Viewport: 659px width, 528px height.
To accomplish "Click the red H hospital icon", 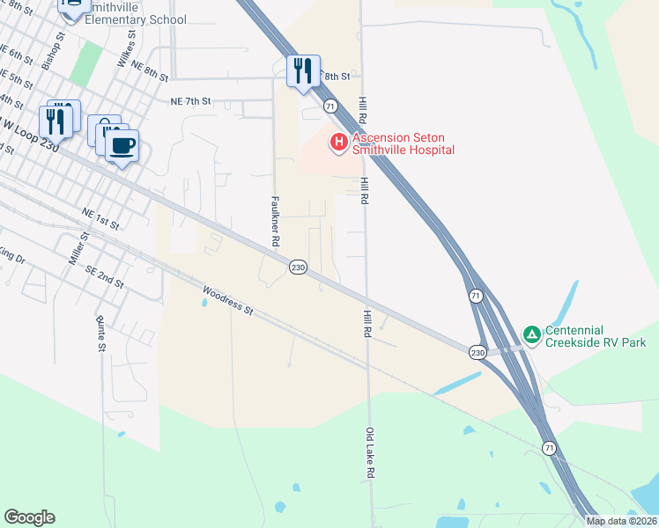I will [x=337, y=142].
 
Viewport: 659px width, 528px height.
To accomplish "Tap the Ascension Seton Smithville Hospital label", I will [x=404, y=144].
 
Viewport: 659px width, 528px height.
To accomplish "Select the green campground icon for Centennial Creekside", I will [x=531, y=335].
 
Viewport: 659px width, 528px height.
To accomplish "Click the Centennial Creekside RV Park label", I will [x=596, y=336].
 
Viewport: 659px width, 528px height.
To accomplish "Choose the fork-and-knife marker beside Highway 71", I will [x=303, y=71].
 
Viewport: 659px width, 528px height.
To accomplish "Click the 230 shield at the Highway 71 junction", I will [x=478, y=352].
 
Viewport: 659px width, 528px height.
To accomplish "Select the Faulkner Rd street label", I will [x=276, y=221].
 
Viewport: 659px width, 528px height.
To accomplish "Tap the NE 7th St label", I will [x=191, y=101].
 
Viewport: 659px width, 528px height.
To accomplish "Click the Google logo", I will [x=29, y=517].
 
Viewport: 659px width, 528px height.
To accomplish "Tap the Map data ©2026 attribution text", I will [x=621, y=521].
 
